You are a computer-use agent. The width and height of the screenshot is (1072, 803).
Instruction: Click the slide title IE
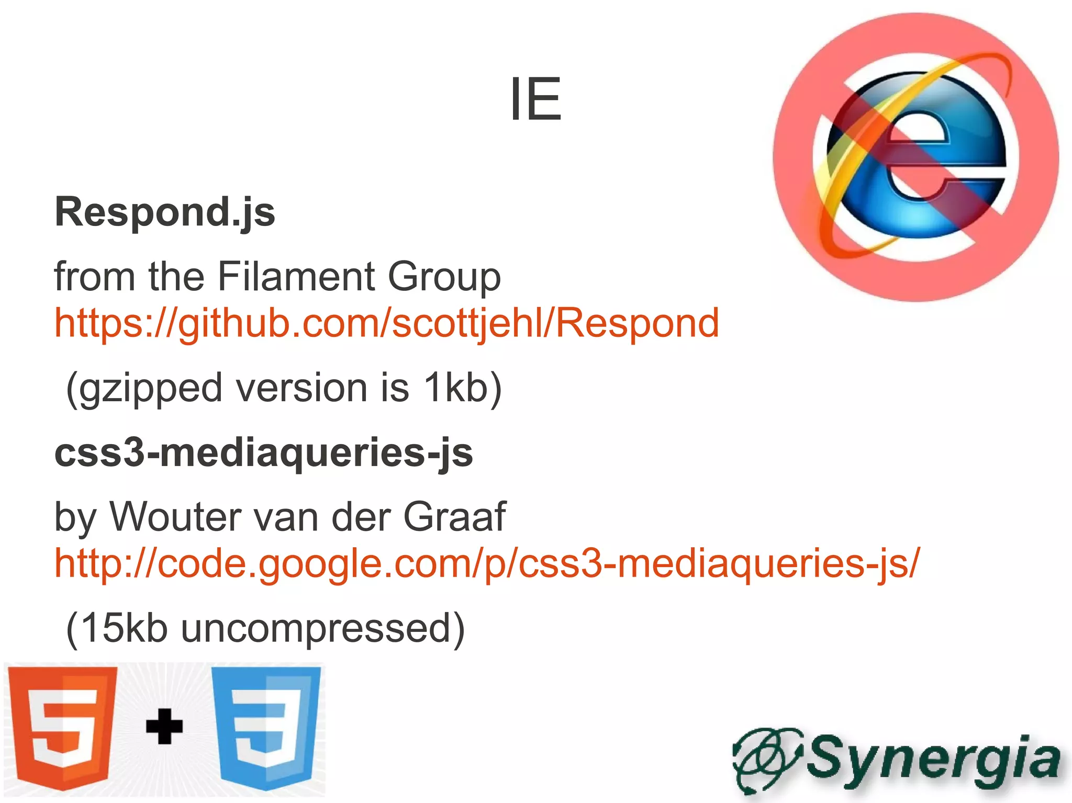[x=535, y=99]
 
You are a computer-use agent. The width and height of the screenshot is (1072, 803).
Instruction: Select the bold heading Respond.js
[x=165, y=212]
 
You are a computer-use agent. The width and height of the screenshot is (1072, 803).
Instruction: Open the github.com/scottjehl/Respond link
[x=387, y=323]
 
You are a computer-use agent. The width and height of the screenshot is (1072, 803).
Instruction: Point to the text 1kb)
[x=463, y=388]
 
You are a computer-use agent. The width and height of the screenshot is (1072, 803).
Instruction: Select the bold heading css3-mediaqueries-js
[x=264, y=453]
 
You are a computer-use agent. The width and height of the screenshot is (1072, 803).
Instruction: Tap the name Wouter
[x=175, y=517]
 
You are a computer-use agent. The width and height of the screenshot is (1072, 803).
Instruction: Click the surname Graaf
[x=454, y=517]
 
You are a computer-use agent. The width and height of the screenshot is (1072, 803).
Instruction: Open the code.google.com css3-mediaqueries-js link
[x=487, y=564]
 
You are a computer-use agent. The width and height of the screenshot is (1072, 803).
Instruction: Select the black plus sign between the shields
[x=164, y=726]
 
